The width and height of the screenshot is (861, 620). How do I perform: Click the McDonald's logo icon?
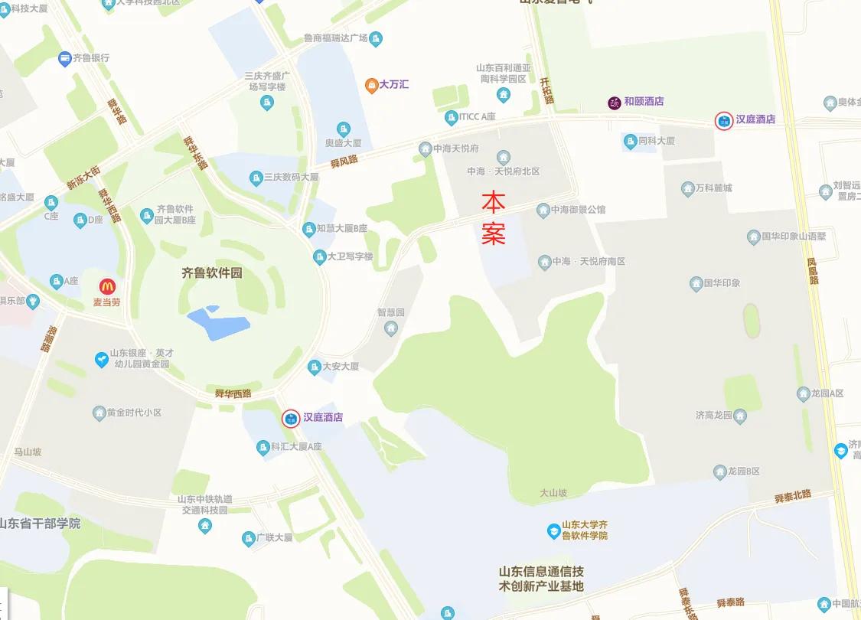106,286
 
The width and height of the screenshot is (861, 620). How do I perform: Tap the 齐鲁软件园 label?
211,272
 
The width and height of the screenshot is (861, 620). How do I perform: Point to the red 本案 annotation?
494,217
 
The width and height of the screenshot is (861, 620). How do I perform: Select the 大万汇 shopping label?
394,84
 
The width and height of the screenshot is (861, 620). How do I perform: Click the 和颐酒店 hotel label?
643,101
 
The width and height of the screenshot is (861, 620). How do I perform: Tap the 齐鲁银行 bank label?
90,57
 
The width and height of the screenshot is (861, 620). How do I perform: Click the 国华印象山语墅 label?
794,237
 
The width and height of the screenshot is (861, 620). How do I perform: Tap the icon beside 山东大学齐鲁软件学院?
553,530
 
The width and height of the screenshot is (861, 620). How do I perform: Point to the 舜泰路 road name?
731,602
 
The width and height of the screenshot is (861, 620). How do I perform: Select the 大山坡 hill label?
553,494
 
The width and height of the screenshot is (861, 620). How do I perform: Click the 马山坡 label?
28,452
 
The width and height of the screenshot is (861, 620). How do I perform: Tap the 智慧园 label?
390,313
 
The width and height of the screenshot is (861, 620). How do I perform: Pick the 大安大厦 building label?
340,367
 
